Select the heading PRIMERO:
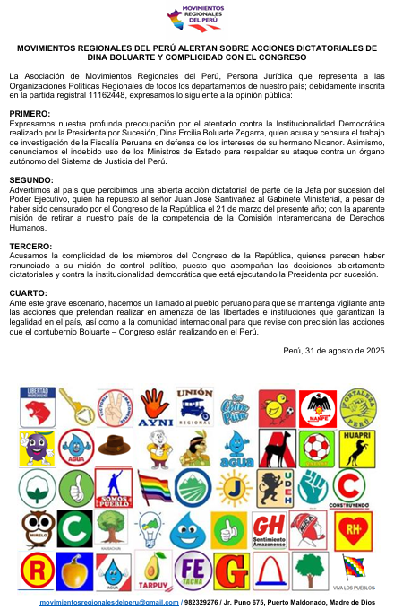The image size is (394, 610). (30, 114)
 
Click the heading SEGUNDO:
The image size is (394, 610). (30, 180)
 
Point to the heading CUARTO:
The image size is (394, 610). (28, 292)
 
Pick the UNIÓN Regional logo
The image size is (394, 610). (194, 405)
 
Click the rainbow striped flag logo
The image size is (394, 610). (154, 488)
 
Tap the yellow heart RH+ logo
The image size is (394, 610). (355, 529)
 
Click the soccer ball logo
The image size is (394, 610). (315, 447)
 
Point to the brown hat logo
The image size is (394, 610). (115, 446)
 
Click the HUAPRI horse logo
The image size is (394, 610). (355, 447)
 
